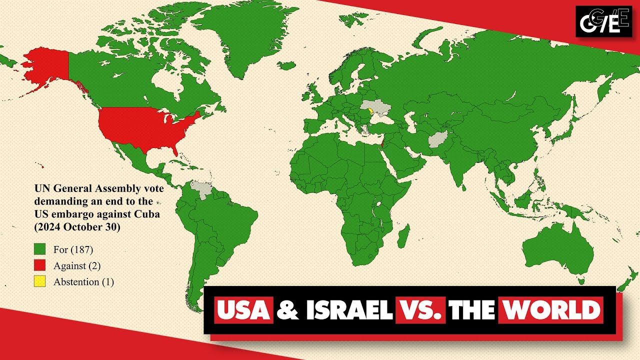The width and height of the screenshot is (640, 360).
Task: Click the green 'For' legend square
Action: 39,249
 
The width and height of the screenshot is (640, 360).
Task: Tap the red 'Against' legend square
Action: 39,265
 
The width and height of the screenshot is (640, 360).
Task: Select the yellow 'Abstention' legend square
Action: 39,281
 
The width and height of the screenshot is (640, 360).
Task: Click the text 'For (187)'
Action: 73,249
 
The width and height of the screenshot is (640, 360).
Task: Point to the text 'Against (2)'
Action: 77,265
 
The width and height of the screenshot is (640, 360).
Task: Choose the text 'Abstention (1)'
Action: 83,282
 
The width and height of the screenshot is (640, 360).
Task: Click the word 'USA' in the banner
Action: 244,310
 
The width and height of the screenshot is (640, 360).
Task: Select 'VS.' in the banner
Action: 420,310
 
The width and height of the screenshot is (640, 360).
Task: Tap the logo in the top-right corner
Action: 603,21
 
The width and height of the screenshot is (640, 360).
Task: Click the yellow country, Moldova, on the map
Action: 370,112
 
